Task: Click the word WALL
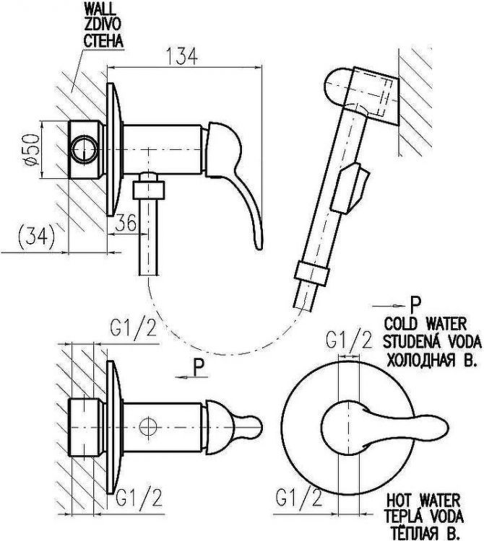(98, 10)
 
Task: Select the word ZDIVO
(101, 25)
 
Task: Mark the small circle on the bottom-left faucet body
(149, 426)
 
